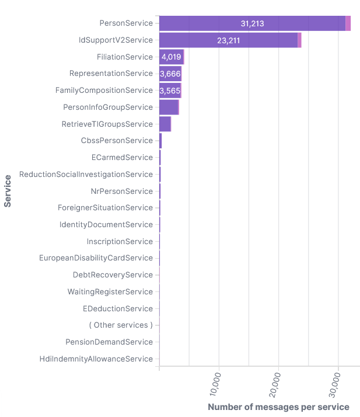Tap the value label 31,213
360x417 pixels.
[252, 23]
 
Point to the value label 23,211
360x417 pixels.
[228, 40]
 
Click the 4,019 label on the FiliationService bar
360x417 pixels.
[171, 57]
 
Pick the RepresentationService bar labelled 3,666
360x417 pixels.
[170, 74]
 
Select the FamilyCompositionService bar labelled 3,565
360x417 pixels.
[170, 91]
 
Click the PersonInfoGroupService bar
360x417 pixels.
[169, 107]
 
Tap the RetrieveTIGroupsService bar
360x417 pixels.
[165, 124]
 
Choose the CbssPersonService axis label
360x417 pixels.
[117, 141]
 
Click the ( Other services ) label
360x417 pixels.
[121, 325]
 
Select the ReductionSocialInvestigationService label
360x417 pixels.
[86, 174]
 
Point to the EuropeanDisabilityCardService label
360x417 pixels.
[96, 258]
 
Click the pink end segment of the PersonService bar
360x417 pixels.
[348, 23]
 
